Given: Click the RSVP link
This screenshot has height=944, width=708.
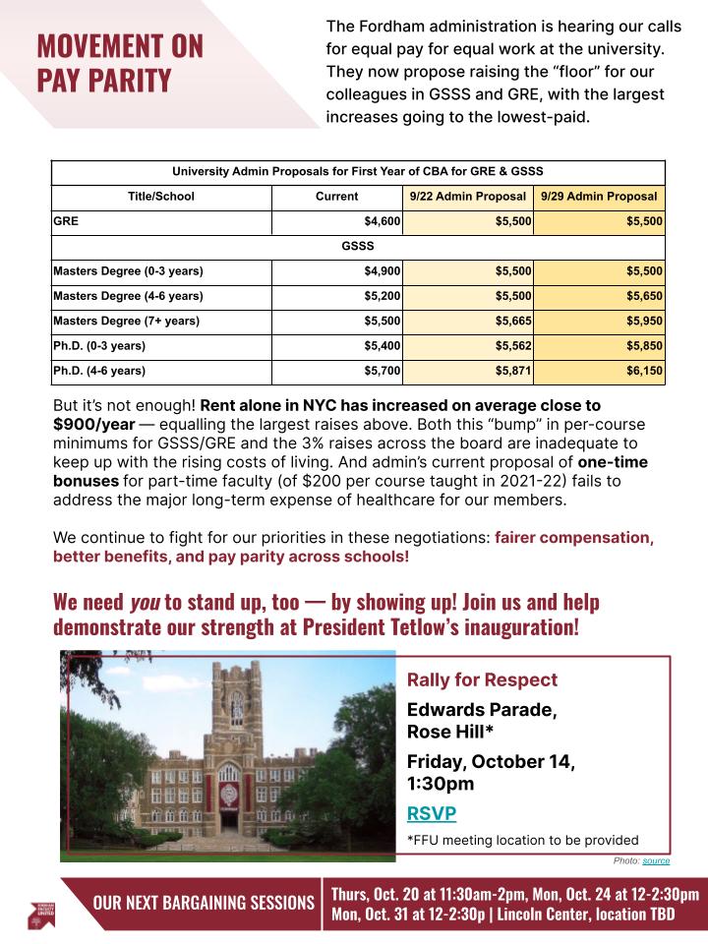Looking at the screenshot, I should (x=431, y=813).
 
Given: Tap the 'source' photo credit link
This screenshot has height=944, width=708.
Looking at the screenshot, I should (x=656, y=860).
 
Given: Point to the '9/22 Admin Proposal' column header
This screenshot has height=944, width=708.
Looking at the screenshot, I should (x=467, y=197).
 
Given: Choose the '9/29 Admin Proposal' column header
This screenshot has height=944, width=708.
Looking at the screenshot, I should (x=599, y=197).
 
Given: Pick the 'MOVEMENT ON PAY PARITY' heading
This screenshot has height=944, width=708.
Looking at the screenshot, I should (x=120, y=62).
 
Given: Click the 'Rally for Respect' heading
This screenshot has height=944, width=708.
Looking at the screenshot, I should (x=482, y=680).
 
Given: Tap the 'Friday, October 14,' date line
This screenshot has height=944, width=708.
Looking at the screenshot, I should (x=491, y=762).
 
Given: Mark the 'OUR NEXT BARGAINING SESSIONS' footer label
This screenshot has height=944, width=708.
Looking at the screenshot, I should (x=204, y=903).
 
